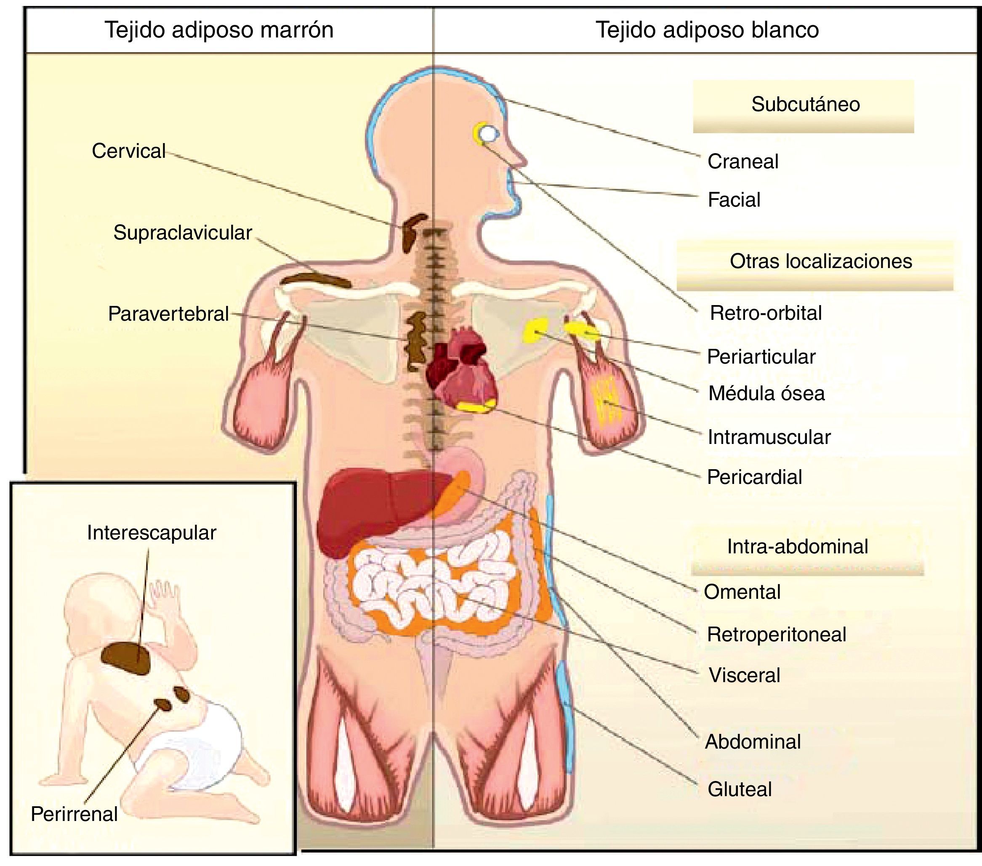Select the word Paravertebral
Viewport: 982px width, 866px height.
pos(168,313)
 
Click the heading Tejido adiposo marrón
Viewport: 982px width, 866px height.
pos(219,30)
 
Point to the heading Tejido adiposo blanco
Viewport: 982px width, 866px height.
pos(707,30)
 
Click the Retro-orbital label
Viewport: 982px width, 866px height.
pos(766,313)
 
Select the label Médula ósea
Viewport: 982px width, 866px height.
pos(766,393)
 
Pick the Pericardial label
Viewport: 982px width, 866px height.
pos(754,477)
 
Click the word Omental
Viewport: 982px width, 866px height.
pos(742,592)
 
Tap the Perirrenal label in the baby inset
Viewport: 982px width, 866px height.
pos(74,814)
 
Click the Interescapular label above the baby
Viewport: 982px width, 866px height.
pos(152,533)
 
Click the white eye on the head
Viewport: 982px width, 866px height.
pos(488,133)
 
